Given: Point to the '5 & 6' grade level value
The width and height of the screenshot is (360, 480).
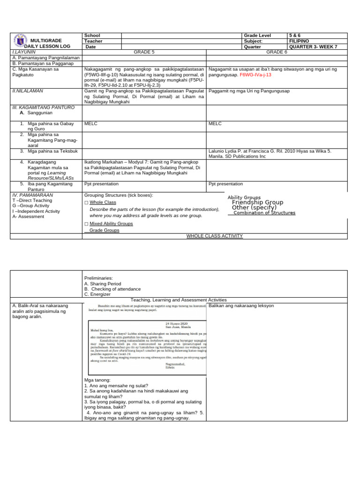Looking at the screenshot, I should coord(295,36).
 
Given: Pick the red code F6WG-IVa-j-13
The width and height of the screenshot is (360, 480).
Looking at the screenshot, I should coord(255,75).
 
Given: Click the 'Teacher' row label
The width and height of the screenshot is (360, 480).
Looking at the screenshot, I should coord(94,41).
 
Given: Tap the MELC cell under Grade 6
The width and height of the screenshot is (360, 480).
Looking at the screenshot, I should coord(215,124).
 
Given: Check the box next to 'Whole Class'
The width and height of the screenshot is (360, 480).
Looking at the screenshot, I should coord(86,202).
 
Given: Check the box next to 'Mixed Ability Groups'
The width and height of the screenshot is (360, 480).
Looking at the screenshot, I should coord(86,224).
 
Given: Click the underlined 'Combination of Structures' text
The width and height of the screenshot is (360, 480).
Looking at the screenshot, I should coord(264,213).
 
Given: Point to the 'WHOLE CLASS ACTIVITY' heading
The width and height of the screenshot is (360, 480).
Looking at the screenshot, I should coord(214,236).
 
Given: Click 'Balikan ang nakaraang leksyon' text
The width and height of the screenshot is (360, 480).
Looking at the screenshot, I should coord(241,306).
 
